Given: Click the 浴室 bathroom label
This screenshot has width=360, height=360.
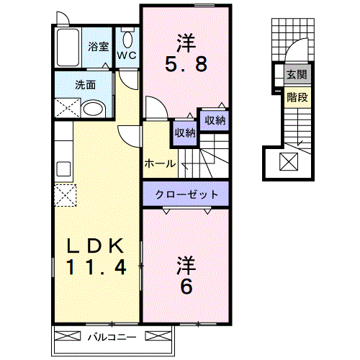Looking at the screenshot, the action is click(x=98, y=47).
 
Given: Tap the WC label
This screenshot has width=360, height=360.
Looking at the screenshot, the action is click(x=127, y=55).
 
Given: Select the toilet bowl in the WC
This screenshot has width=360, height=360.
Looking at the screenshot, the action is click(x=127, y=40).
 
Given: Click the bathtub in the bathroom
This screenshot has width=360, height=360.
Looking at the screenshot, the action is click(x=68, y=48).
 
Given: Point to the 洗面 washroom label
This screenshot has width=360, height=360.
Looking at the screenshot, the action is click(x=86, y=85).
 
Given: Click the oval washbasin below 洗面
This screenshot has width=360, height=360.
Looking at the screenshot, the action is click(x=94, y=110).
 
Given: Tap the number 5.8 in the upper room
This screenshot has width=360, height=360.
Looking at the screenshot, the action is click(x=186, y=64).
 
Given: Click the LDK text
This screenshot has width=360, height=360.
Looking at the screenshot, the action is click(x=95, y=246).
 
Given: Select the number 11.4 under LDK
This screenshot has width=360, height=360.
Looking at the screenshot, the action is click(x=96, y=267).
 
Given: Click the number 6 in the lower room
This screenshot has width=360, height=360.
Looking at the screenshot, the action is click(x=186, y=287).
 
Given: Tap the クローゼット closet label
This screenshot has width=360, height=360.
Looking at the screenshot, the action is click(x=186, y=194).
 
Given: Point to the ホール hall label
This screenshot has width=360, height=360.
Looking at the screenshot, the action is click(x=160, y=164).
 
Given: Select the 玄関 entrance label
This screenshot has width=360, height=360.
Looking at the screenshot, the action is click(x=297, y=75).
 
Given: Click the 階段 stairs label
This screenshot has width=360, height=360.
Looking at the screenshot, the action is click(x=297, y=97).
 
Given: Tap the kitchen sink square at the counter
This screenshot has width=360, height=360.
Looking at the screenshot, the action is click(x=63, y=169).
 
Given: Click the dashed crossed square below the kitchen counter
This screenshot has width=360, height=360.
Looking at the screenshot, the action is click(x=66, y=195).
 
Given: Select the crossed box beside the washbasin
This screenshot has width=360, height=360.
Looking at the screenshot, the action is click(x=68, y=108).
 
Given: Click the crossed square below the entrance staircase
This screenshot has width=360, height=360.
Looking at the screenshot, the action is click(x=289, y=162).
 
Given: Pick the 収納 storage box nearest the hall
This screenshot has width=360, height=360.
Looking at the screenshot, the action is click(x=185, y=132).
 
